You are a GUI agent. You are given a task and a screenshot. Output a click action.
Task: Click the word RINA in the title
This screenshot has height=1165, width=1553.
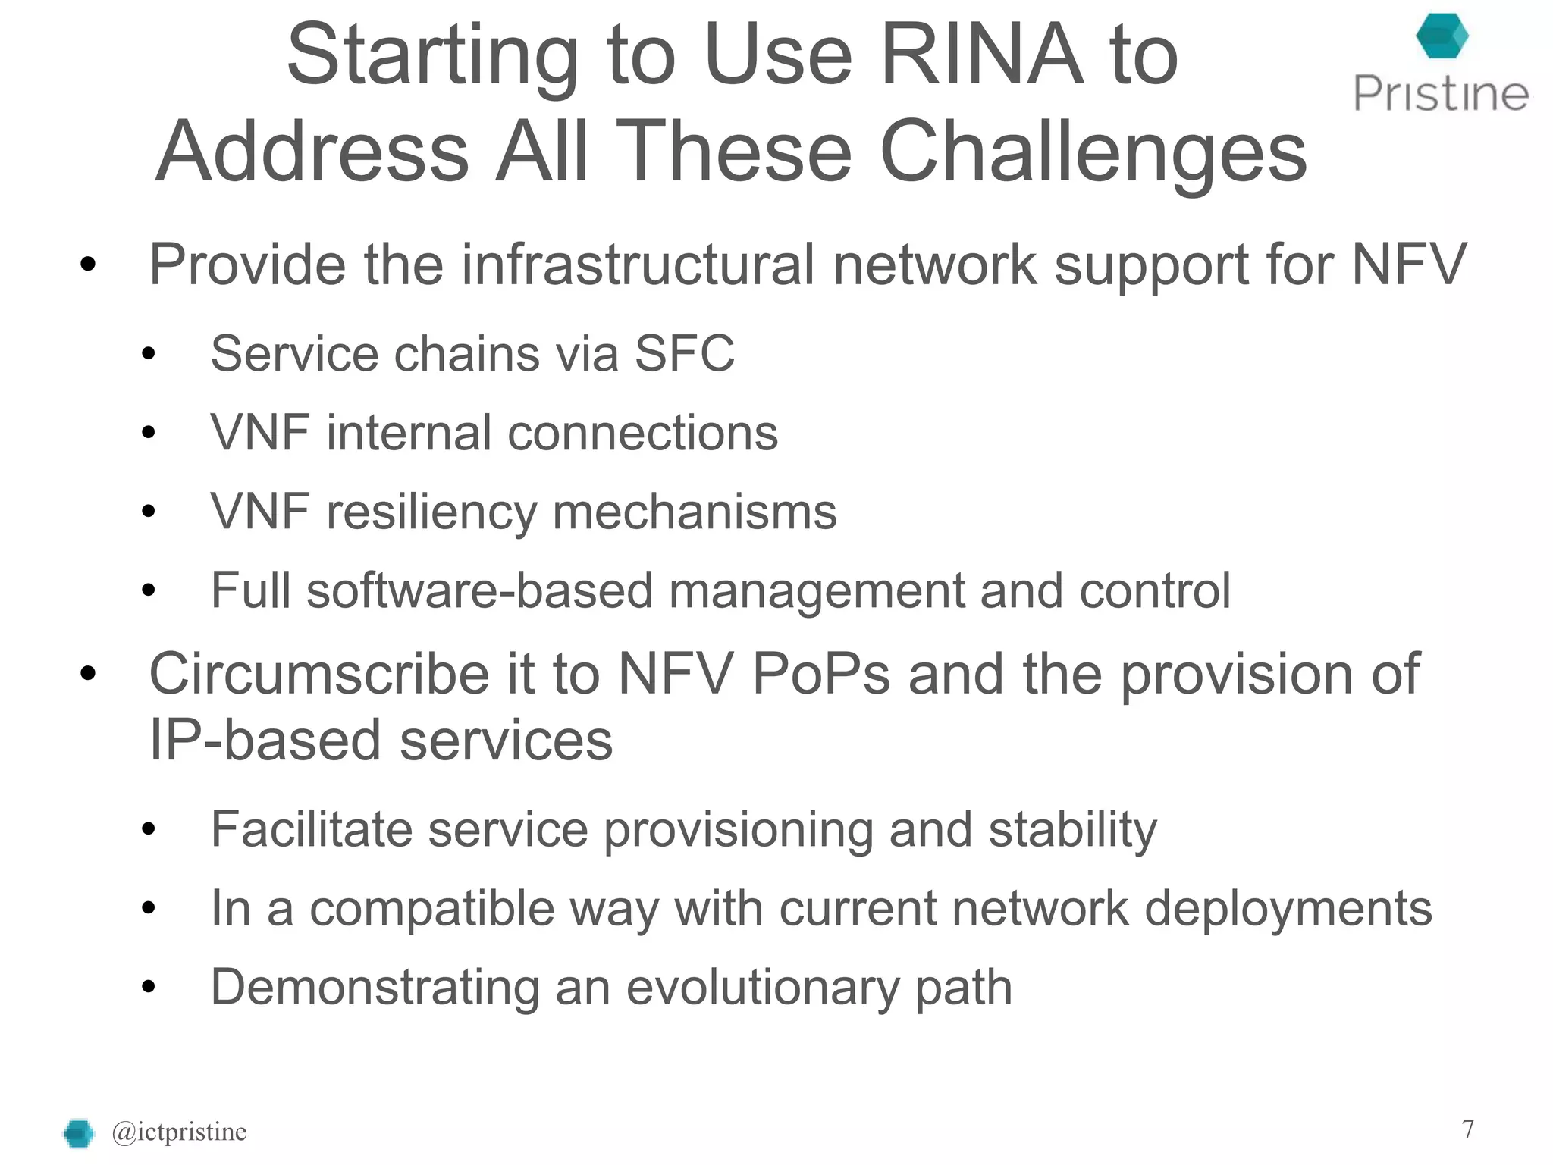(x=981, y=55)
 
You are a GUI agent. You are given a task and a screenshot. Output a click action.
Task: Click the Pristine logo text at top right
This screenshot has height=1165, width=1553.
(x=1441, y=94)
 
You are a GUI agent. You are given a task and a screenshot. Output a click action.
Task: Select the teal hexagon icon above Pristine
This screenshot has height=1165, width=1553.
(x=1442, y=36)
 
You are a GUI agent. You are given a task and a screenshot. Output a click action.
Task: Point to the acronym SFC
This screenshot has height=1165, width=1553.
(x=684, y=353)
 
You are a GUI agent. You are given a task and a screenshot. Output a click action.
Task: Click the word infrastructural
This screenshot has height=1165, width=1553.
(x=638, y=265)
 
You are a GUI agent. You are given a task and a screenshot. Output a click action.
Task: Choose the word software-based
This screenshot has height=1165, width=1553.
(x=479, y=590)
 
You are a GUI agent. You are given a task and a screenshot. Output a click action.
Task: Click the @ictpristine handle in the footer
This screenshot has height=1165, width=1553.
(x=179, y=1132)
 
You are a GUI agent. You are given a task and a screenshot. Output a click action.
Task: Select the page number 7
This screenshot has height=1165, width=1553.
(x=1468, y=1129)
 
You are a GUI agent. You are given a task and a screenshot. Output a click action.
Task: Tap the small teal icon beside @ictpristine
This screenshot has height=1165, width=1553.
(x=78, y=1133)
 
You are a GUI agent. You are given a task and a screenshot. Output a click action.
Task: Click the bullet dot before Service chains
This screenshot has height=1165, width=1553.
(x=148, y=354)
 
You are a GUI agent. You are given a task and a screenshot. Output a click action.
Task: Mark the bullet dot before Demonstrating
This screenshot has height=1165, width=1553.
(x=148, y=987)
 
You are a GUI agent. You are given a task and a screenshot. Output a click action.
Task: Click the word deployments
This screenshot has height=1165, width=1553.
(x=1288, y=908)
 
